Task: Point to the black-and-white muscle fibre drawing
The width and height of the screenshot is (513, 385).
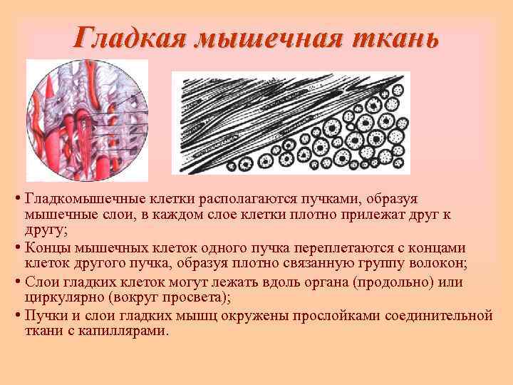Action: [291, 122]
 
